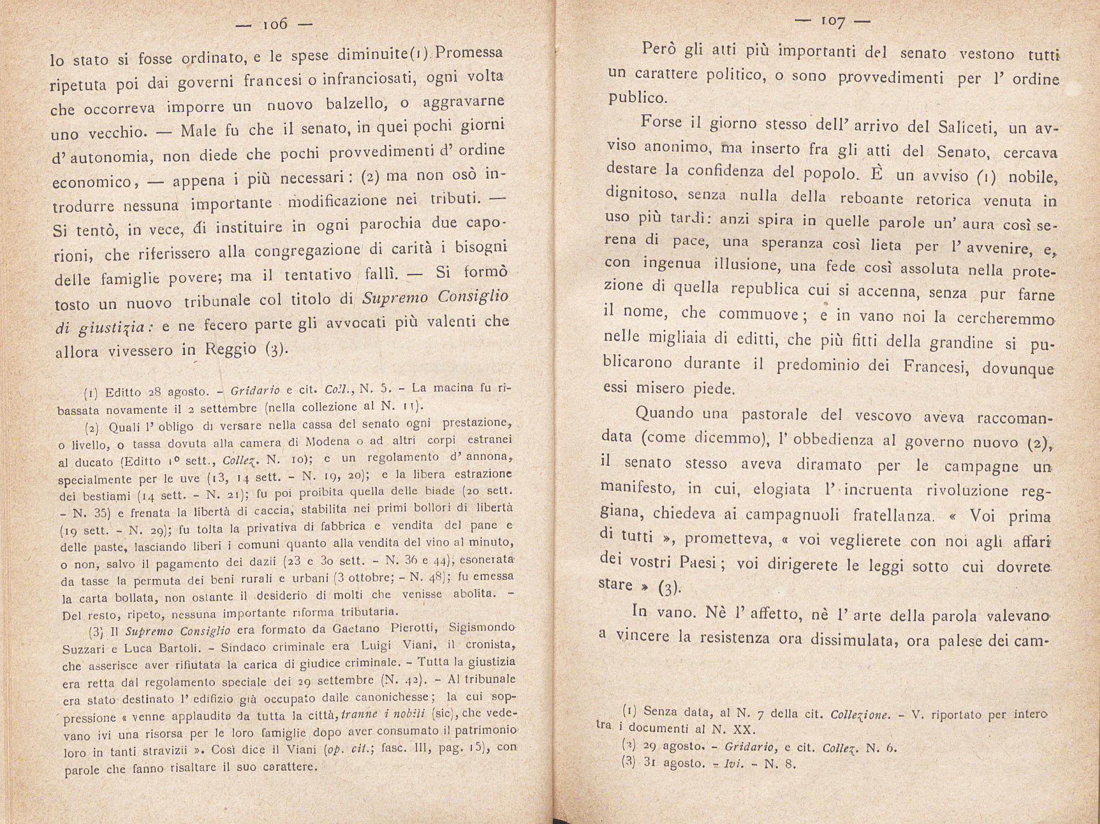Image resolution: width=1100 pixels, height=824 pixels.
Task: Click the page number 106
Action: [276, 25]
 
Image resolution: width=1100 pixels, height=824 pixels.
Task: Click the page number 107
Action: [833, 22]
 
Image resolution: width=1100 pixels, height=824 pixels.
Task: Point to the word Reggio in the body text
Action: [230, 349]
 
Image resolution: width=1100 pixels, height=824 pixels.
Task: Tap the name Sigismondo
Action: [482, 628]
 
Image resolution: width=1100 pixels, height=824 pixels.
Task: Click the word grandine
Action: [960, 343]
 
